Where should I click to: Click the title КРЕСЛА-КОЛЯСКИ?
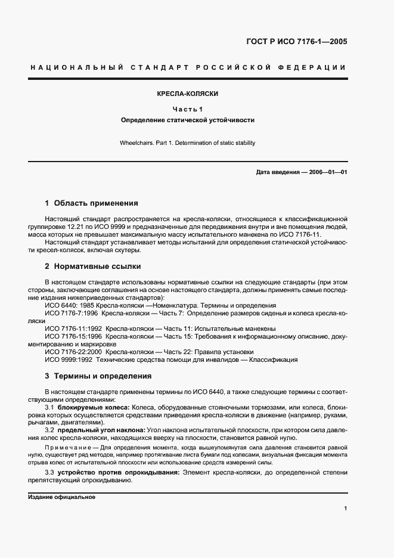click(188, 94)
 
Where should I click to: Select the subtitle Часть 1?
click(188, 108)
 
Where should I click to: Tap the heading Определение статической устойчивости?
click(188, 120)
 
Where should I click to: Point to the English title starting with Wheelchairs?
click(188, 143)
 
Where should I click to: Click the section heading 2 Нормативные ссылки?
click(93, 266)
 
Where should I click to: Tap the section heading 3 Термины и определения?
click(98, 376)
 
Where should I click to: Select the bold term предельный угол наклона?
click(101, 430)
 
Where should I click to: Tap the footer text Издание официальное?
click(62, 497)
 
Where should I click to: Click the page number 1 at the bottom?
click(346, 508)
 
